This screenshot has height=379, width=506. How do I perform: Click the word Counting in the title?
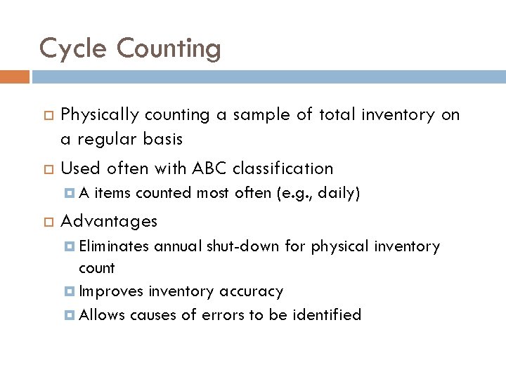(169, 49)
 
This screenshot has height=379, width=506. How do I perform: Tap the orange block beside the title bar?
(14, 76)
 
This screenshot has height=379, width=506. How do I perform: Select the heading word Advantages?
(109, 221)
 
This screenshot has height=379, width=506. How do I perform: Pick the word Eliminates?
(114, 246)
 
